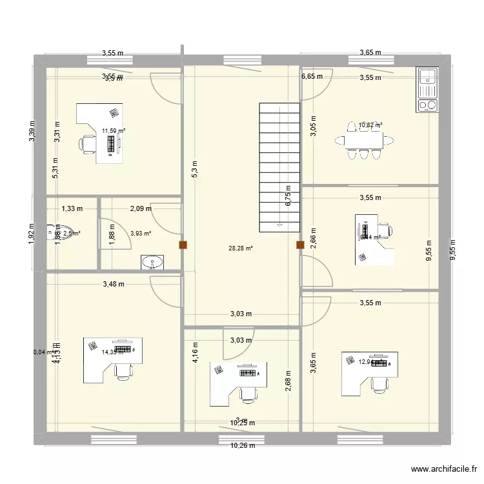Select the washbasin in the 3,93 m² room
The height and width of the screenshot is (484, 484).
[153, 262]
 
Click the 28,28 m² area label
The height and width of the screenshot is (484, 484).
[241, 247]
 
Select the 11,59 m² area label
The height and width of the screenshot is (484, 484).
[113, 130]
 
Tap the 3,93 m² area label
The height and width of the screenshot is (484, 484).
[140, 234]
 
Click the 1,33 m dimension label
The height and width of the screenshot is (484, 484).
[72, 208]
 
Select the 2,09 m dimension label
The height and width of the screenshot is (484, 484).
[140, 208]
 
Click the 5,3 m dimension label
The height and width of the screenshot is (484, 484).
[194, 168]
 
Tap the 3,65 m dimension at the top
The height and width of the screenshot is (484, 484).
[370, 54]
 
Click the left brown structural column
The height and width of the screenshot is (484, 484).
[184, 245]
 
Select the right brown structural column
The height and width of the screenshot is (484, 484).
[299, 245]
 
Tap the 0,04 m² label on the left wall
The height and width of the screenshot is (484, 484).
[44, 352]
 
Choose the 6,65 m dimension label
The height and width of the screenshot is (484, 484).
[312, 76]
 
